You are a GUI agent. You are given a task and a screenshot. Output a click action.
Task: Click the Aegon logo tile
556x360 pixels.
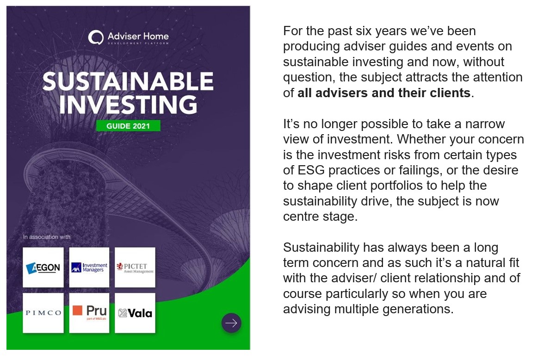pos(43,267)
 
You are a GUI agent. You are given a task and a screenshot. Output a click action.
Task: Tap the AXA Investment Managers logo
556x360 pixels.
pos(89,267)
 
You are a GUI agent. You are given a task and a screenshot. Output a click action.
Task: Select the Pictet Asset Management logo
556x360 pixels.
pos(135,267)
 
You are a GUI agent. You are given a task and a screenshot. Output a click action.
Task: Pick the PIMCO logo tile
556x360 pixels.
pos(43,313)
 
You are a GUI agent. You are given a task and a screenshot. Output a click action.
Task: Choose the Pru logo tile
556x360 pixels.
pos(89,313)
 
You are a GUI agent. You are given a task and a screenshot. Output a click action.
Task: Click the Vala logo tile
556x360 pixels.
pos(135,313)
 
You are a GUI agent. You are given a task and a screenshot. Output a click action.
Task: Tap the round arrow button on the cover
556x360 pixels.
pos(231,323)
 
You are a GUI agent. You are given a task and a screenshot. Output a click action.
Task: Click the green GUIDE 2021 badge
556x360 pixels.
pos(128,126)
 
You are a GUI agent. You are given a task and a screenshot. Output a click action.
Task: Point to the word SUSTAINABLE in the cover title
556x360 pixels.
pos(128,81)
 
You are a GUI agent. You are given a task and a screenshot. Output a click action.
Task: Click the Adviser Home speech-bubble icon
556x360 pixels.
pos(96,37)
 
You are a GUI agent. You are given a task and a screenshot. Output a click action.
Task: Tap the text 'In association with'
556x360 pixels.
pos(47,237)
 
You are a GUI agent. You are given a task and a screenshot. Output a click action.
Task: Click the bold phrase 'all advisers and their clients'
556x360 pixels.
pos(384,93)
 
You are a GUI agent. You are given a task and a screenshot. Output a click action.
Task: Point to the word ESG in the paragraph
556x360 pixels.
pos(311,170)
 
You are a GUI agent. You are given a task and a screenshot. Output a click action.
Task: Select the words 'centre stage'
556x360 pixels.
pos(320,217)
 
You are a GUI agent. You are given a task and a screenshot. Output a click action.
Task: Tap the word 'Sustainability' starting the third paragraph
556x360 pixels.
pos(321,248)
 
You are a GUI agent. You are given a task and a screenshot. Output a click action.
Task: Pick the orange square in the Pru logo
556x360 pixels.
pos(77,310)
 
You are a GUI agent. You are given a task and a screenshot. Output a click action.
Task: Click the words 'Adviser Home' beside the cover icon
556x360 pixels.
pos(138,37)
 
